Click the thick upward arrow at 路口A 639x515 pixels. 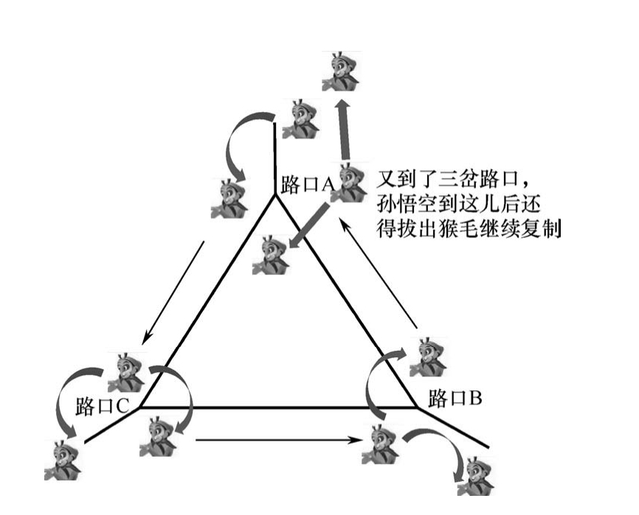[x=343, y=131]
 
